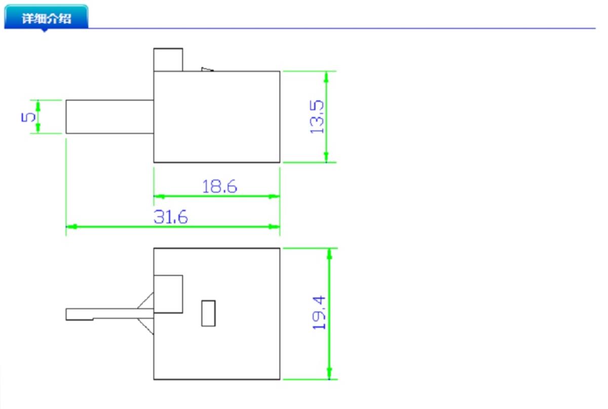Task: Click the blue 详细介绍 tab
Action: pyautogui.click(x=46, y=16)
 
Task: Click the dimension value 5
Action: pyautogui.click(x=28, y=117)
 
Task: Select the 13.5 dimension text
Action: pyautogui.click(x=317, y=117)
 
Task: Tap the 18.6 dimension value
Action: pyautogui.click(x=219, y=187)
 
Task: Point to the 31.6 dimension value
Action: pyautogui.click(x=170, y=217)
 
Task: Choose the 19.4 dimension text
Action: pyautogui.click(x=319, y=313)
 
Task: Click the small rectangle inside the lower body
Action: pyautogui.click(x=208, y=313)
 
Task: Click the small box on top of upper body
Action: pyautogui.click(x=168, y=60)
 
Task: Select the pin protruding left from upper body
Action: pyautogui.click(x=109, y=117)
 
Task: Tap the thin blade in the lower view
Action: pyautogui.click(x=109, y=314)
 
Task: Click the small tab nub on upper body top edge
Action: pyautogui.click(x=207, y=69)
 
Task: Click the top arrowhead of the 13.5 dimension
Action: pyautogui.click(x=326, y=77)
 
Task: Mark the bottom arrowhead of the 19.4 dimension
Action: pyautogui.click(x=329, y=374)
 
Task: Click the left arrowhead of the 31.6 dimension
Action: pyautogui.click(x=71, y=227)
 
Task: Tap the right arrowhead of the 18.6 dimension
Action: pyautogui.click(x=274, y=196)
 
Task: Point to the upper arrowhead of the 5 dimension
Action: pyautogui.click(x=38, y=105)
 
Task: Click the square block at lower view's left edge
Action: pyautogui.click(x=168, y=294)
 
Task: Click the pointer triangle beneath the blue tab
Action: pyautogui.click(x=45, y=30)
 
